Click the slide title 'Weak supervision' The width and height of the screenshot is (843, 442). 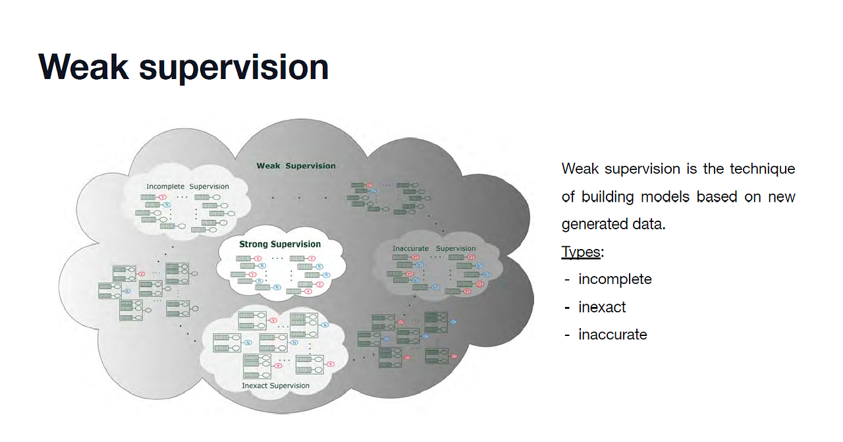click(x=183, y=67)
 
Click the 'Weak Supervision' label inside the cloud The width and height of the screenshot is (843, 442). click(x=296, y=166)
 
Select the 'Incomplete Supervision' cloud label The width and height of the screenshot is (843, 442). click(x=188, y=186)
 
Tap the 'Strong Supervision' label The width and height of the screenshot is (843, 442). click(x=280, y=244)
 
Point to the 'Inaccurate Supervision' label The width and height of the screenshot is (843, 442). click(x=434, y=249)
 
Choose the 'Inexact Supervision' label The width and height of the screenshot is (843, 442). click(x=275, y=385)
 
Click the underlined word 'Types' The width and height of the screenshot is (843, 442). click(x=580, y=252)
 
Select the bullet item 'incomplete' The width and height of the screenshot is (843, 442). click(x=615, y=279)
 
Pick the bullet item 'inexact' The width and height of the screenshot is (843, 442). click(x=602, y=307)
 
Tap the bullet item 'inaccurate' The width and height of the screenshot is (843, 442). click(x=612, y=335)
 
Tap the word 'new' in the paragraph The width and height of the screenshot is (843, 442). click(x=780, y=196)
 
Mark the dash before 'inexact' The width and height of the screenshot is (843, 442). click(x=567, y=307)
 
